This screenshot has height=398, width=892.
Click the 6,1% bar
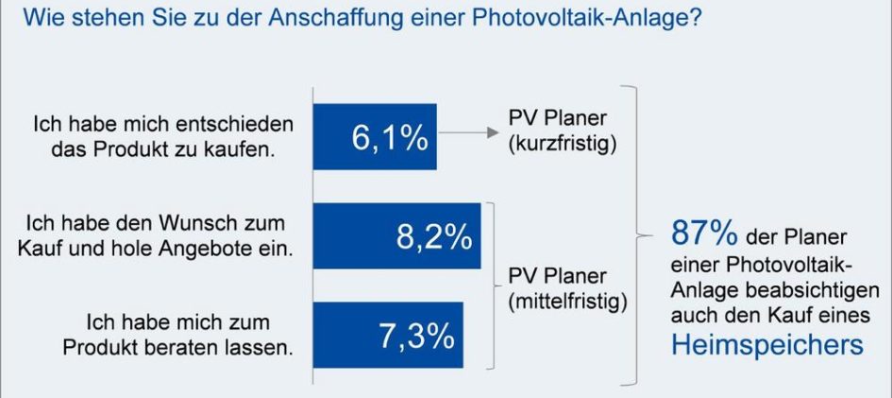(x=375, y=137)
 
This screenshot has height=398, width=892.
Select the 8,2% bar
(x=397, y=235)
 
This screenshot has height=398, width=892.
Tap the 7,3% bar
(x=388, y=335)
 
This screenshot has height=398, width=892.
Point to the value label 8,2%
(x=434, y=238)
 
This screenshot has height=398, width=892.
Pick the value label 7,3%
(x=417, y=337)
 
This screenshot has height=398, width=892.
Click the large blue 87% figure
(x=705, y=233)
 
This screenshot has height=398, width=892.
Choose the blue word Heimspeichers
(x=767, y=344)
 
